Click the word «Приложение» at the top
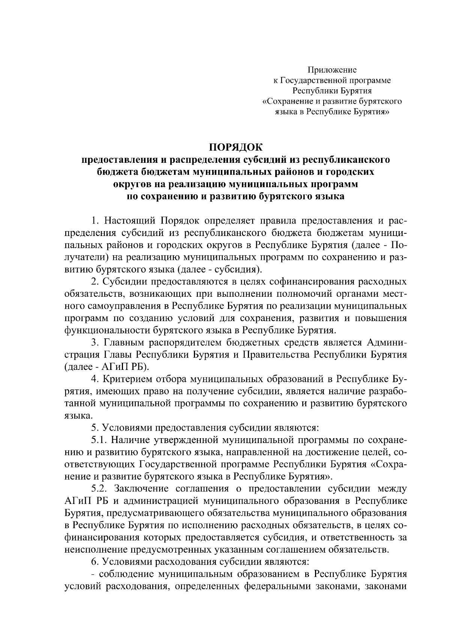coord(332,70)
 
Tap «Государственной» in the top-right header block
coord(313,80)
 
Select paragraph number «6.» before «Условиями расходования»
coord(96,562)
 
